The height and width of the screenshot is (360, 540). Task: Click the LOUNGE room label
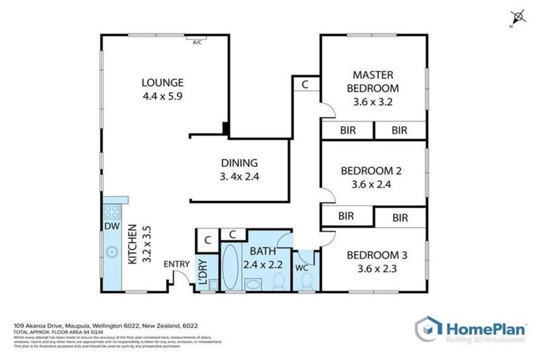click(162, 82)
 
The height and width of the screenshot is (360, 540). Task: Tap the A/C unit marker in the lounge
click(198, 42)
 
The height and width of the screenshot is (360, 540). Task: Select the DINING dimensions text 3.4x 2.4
click(240, 176)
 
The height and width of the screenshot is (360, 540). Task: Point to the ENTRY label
click(176, 264)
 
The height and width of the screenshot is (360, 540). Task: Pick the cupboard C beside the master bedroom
click(305, 84)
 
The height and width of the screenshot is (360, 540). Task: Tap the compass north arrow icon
click(517, 15)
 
